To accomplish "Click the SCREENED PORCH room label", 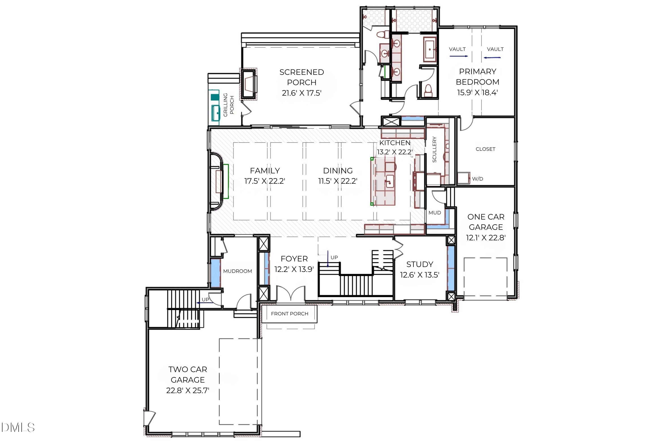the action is pos(302,77).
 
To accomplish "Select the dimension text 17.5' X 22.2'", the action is pos(265,181).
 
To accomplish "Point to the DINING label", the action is pos(338,170).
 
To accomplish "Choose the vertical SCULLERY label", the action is pos(434,149).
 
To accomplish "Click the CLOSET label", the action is pos(485,149).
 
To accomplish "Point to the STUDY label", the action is pos(420,264).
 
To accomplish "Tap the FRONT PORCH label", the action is pos(289,314).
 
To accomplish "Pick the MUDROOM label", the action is pos(237,271).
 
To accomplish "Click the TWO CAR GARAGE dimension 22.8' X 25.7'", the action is pos(188,390).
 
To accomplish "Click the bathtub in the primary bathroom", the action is pos(430,50).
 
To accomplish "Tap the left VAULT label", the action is pos(457,49).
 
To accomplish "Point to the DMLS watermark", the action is pos(18,427).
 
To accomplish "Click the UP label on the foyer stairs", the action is pos(334,257).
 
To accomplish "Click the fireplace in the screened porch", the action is pos(249,84).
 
